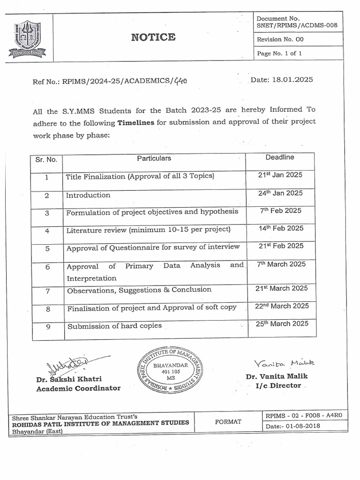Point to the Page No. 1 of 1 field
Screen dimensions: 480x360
click(279, 53)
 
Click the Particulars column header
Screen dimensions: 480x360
click(154, 158)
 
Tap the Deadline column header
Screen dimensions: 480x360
click(280, 157)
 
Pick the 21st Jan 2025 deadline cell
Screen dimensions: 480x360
click(280, 175)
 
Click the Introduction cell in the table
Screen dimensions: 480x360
click(88, 195)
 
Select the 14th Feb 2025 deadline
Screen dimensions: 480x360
click(280, 229)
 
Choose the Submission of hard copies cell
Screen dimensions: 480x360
click(114, 326)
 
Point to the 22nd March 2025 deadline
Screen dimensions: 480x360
click(282, 306)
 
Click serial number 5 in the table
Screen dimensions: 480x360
click(47, 249)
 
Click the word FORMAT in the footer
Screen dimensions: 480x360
click(228, 421)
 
